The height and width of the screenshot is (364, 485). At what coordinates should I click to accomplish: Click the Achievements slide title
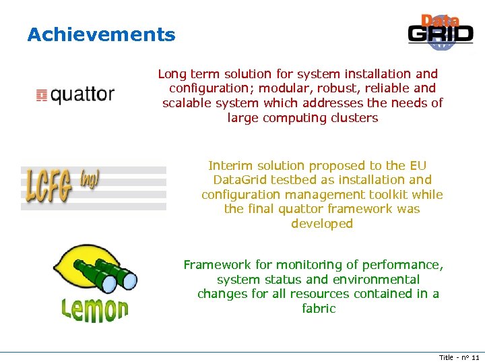click(x=101, y=35)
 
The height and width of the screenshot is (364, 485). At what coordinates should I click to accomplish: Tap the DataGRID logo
click(x=441, y=32)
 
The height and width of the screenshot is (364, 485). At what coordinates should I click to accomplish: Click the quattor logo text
click(x=82, y=95)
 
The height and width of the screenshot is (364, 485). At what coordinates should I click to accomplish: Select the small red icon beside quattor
click(x=41, y=95)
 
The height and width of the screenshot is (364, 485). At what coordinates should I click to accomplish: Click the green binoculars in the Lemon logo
click(x=108, y=274)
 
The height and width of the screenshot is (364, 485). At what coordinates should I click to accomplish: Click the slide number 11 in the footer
click(x=475, y=357)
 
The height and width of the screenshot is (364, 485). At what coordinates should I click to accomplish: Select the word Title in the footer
click(x=447, y=357)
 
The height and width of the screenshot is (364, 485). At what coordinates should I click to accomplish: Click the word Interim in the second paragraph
click(x=231, y=166)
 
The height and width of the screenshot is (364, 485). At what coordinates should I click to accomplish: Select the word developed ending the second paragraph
click(x=322, y=224)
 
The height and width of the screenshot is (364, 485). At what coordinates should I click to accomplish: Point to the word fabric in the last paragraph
click(x=319, y=309)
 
